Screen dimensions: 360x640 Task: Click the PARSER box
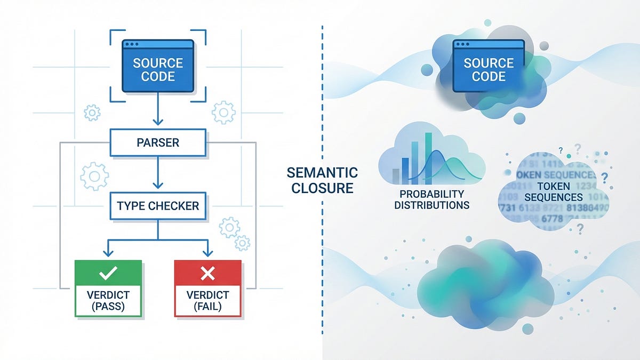click(x=158, y=143)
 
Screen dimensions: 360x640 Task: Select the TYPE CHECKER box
click(x=158, y=205)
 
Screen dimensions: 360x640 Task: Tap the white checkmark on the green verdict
click(x=108, y=274)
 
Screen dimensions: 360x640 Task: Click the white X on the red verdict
click(x=207, y=274)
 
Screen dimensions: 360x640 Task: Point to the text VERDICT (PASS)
click(x=108, y=301)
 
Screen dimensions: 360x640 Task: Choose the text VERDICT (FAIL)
click(x=207, y=301)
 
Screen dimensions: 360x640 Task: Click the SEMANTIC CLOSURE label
click(x=322, y=180)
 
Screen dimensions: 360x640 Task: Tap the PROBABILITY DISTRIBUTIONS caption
click(x=432, y=199)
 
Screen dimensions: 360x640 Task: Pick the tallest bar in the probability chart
click(x=428, y=158)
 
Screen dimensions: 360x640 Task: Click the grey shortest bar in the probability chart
click(x=396, y=177)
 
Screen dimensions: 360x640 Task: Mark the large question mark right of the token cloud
click(x=604, y=177)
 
